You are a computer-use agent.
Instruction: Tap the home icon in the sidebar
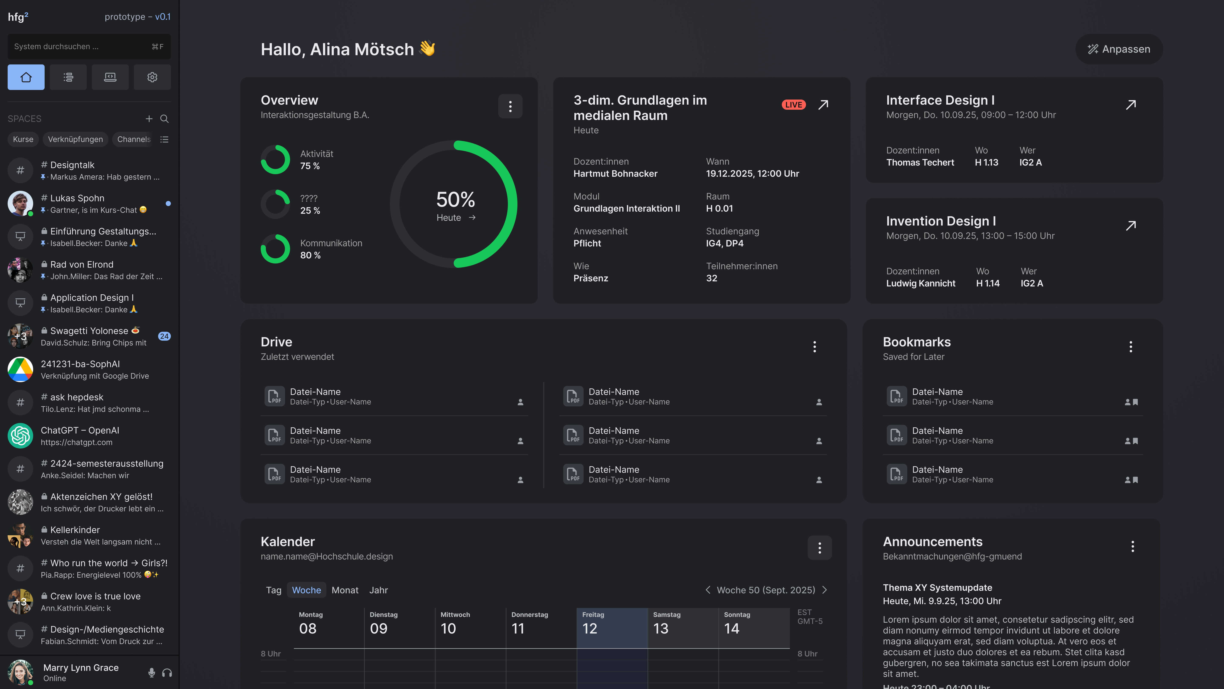pos(26,77)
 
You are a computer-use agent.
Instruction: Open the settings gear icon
pos(152,77)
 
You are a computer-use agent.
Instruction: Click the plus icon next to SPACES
pos(149,119)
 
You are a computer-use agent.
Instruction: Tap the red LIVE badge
pos(793,105)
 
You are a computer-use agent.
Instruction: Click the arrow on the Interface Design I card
pos(1131,105)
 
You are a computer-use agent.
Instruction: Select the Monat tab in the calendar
pos(345,590)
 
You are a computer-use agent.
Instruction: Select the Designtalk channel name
pos(72,165)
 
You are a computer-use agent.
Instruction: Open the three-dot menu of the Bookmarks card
pos(1131,347)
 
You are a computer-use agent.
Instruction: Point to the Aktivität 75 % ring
pos(275,160)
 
